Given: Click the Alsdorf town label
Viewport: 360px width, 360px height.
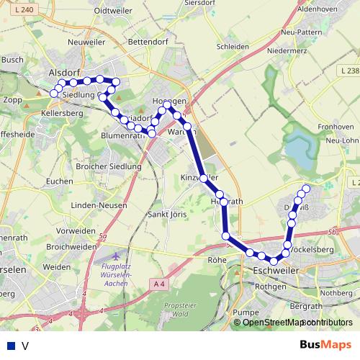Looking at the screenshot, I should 63,73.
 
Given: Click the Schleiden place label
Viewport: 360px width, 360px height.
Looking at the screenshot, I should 233,47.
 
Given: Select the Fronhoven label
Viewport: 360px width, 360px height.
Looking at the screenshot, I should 336,126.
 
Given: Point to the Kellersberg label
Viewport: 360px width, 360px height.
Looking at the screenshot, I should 63,114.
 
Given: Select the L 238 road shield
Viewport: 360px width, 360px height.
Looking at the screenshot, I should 348,71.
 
